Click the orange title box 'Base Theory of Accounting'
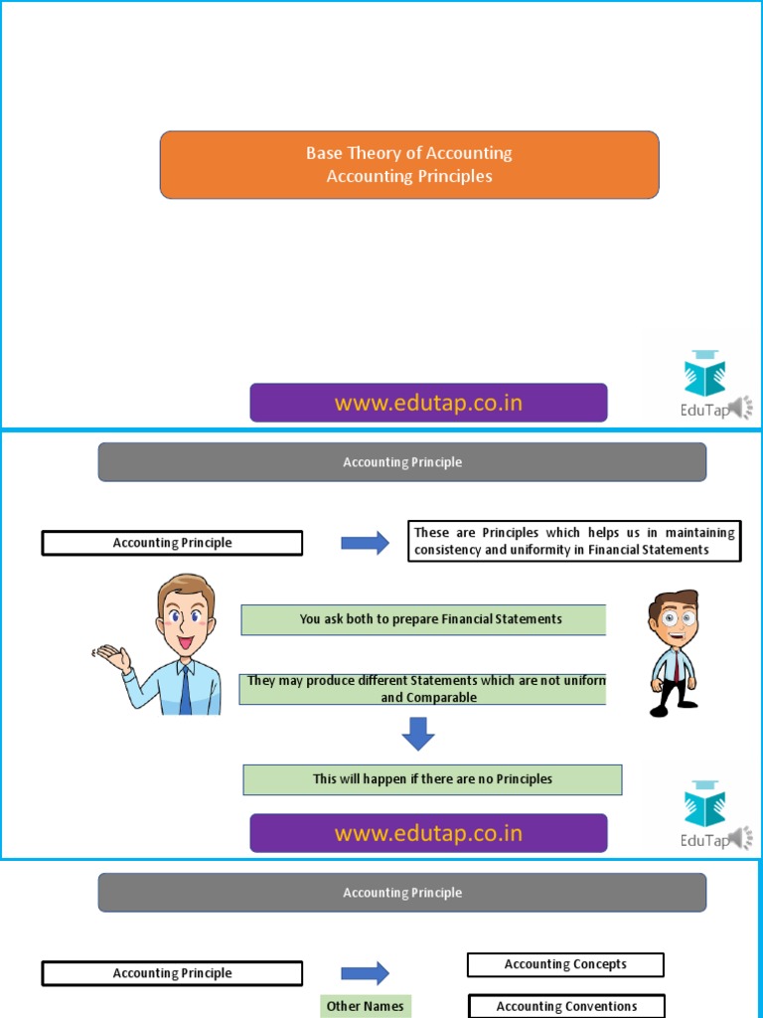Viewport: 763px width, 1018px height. click(409, 165)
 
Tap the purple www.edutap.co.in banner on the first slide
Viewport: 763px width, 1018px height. click(428, 403)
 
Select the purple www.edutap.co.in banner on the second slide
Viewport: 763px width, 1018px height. click(428, 833)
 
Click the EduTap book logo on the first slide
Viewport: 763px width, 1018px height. click(704, 373)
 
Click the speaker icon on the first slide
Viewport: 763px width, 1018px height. click(741, 408)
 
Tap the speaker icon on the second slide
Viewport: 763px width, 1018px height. click(741, 838)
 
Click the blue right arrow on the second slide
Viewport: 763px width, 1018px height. click(365, 543)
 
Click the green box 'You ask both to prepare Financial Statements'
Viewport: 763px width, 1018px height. click(423, 619)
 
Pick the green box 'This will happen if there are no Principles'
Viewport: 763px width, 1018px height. click(432, 779)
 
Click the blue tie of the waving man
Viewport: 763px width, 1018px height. click(185, 689)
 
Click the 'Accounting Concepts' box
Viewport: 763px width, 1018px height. click(565, 964)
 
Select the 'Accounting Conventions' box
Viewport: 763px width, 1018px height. click(566, 1006)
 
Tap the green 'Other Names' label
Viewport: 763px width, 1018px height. click(365, 1006)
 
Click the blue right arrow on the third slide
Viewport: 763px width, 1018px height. click(365, 973)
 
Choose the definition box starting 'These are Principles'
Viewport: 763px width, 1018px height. click(574, 542)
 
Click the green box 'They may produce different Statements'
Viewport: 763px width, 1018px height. click(423, 688)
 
